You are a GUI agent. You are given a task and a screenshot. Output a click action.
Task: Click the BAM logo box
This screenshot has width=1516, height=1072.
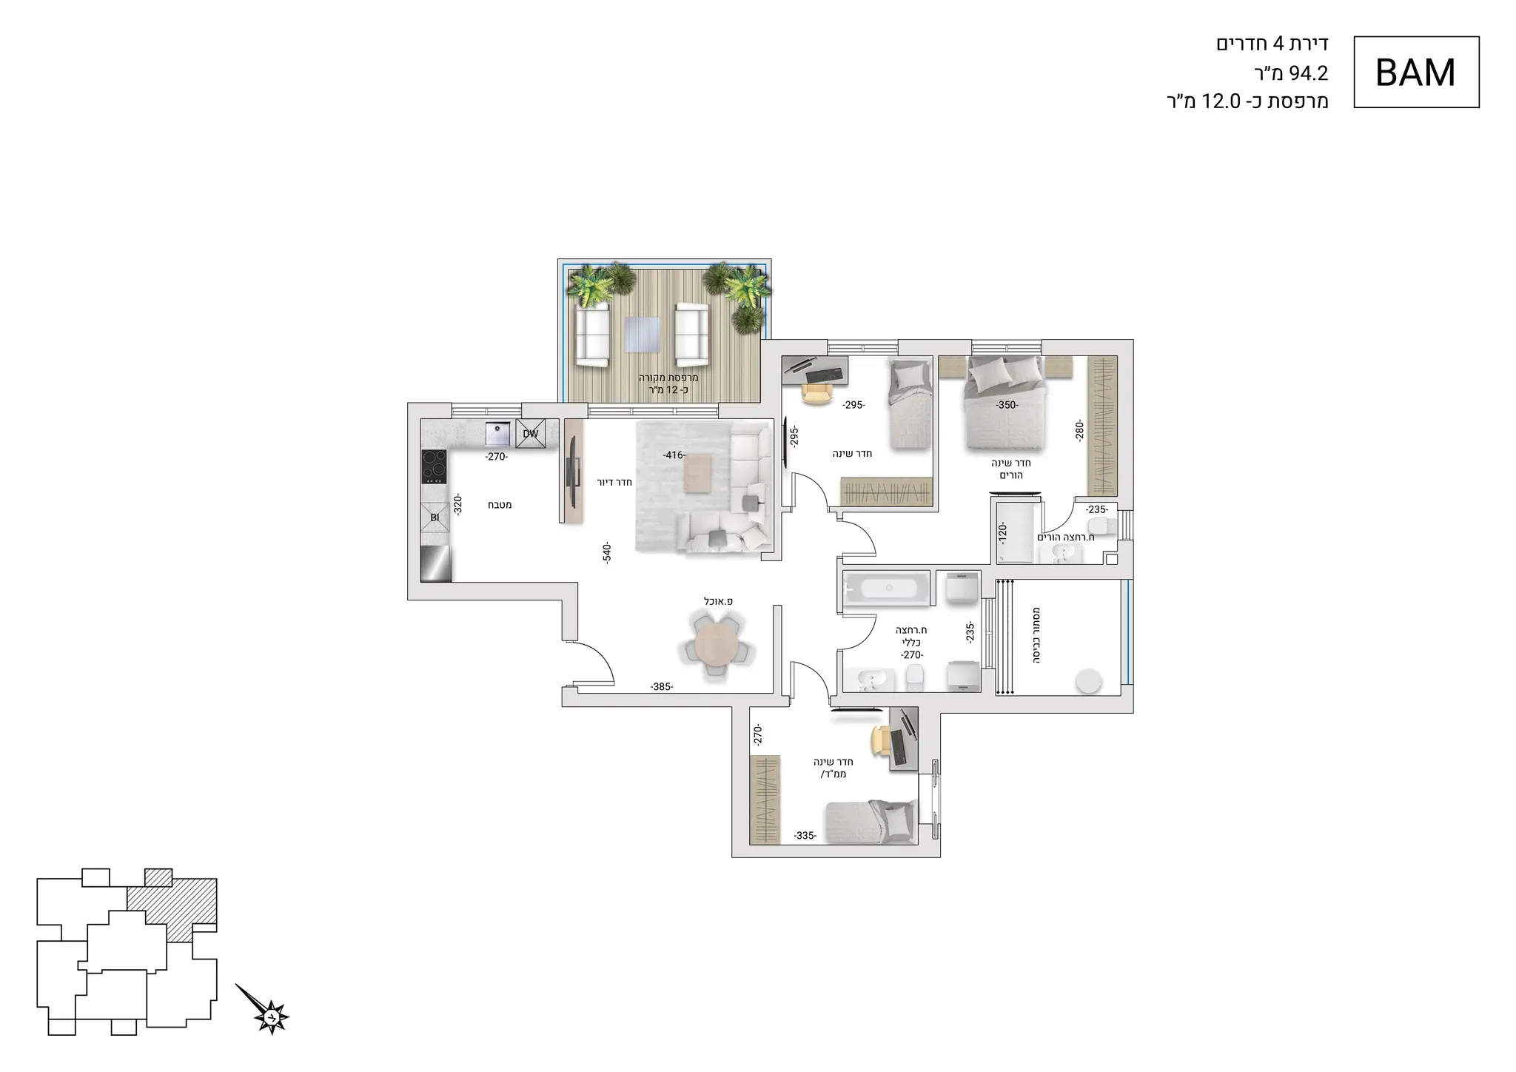coord(1416,72)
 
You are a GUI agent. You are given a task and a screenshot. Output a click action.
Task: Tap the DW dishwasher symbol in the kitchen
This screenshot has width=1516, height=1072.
coord(531,434)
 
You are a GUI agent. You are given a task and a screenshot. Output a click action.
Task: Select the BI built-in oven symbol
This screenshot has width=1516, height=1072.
coord(435,517)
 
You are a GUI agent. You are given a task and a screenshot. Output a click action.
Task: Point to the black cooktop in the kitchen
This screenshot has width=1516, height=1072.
coord(434,466)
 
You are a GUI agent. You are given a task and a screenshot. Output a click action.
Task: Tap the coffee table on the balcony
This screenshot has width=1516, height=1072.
coord(640,334)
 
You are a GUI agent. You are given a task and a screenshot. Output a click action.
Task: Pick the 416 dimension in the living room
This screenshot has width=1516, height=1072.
coord(674,455)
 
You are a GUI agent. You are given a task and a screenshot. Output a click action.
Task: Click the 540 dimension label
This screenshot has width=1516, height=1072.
coord(607,554)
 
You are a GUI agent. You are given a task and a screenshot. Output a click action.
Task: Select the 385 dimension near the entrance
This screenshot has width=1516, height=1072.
coord(661,687)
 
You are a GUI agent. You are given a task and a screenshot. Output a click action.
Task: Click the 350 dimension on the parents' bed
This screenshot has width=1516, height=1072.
coord(1007,405)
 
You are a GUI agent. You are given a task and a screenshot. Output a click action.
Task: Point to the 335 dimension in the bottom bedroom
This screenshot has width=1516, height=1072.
coord(805,836)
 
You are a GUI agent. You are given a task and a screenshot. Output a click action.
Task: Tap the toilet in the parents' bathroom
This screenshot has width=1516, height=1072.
coord(1107,526)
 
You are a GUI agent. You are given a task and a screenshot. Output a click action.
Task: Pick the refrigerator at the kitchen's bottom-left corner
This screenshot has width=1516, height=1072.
coord(435,564)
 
